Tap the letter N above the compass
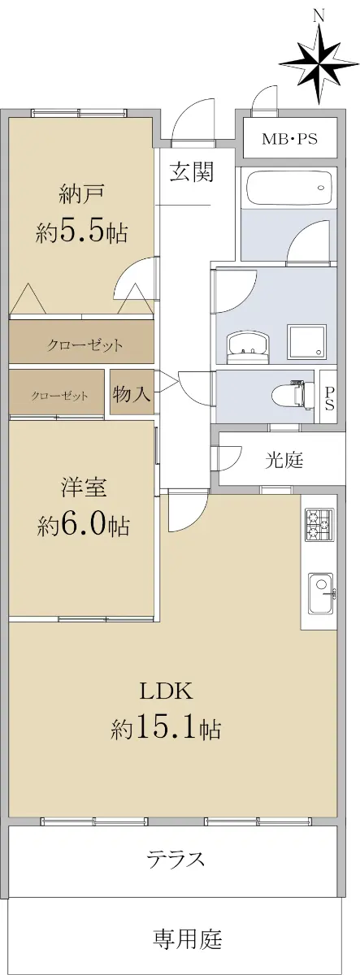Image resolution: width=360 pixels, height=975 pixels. click(319, 15)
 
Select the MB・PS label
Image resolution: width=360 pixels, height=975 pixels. click(289, 139)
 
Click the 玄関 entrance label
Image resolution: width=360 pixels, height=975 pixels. click(192, 171)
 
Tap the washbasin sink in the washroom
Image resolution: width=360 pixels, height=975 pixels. click(247, 348)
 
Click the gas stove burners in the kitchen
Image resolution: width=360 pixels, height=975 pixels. click(319, 525)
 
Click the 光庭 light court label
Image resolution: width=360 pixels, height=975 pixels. click(284, 460)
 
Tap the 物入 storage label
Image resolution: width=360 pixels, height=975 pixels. click(132, 394)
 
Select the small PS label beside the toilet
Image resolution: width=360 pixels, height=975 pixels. click(329, 397)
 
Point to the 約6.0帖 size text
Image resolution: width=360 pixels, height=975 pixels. click(83, 525)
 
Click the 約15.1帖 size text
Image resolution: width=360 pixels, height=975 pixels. click(166, 728)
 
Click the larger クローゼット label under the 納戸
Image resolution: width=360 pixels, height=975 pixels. click(85, 345)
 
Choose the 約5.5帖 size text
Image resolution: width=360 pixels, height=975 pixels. click(82, 232)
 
